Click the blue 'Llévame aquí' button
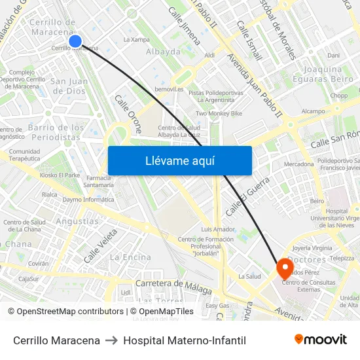click(x=179, y=160)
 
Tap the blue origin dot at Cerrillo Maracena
click(x=75, y=41)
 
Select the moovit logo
click(x=321, y=340)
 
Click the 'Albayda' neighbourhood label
click(x=163, y=52)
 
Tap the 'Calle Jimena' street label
click(x=185, y=26)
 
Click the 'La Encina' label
click(x=130, y=257)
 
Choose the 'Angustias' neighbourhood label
click(x=77, y=221)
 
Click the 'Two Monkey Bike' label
click(x=219, y=113)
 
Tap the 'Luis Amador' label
click(x=218, y=229)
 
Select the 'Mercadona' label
click(x=298, y=164)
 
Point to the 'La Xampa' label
click(x=136, y=39)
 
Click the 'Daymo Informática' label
click(x=89, y=199)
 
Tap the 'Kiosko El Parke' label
click(x=60, y=175)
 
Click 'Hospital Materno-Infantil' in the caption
click(x=185, y=340)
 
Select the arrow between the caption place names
click(x=111, y=340)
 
